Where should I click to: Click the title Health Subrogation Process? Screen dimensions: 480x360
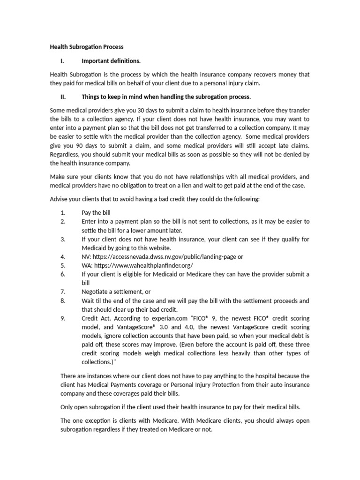[x=87, y=47]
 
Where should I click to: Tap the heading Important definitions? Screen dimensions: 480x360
[x=111, y=60]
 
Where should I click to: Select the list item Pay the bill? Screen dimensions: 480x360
[x=96, y=212]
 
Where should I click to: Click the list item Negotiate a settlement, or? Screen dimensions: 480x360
[x=116, y=292]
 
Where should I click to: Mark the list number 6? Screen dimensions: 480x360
[x=63, y=274]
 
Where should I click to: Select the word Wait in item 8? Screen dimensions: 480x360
[x=88, y=300]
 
